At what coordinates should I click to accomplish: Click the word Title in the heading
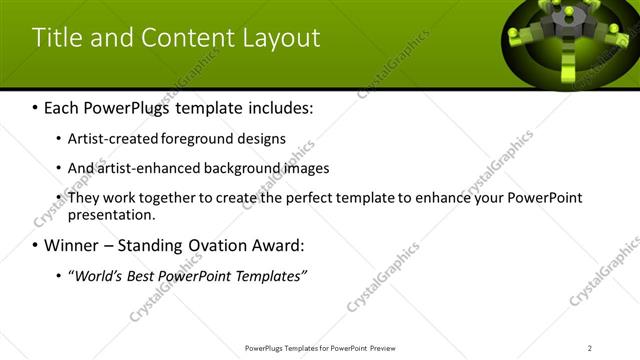pyautogui.click(x=56, y=38)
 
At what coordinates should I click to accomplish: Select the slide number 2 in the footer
pyautogui.click(x=590, y=347)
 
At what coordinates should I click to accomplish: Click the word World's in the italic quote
pyautogui.click(x=97, y=276)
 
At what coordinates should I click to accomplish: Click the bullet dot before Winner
pyautogui.click(x=36, y=246)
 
